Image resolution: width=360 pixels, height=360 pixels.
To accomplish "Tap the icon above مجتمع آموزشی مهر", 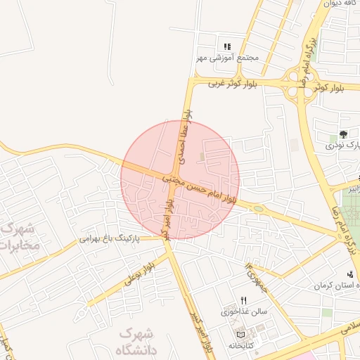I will (x=227, y=46).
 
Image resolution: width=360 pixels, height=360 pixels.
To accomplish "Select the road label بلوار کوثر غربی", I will (x=233, y=84).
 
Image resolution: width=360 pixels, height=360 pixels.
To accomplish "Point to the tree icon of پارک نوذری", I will (x=343, y=134).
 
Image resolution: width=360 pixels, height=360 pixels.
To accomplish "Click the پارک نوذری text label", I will (x=343, y=146).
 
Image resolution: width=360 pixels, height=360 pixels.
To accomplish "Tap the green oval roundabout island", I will (x=258, y=209).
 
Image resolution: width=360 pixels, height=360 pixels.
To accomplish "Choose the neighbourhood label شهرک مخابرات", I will (x=17, y=238).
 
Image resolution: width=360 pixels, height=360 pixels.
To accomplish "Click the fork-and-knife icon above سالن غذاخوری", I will (x=243, y=300).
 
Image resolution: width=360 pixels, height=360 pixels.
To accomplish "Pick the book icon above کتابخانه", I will (x=242, y=334).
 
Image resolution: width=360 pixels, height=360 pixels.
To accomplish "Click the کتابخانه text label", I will (x=241, y=345).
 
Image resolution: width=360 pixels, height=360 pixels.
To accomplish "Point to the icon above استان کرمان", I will (x=350, y=275).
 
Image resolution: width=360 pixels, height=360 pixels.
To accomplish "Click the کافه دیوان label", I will (x=342, y=4).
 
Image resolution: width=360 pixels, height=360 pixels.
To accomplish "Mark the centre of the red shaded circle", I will (x=181, y=180).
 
